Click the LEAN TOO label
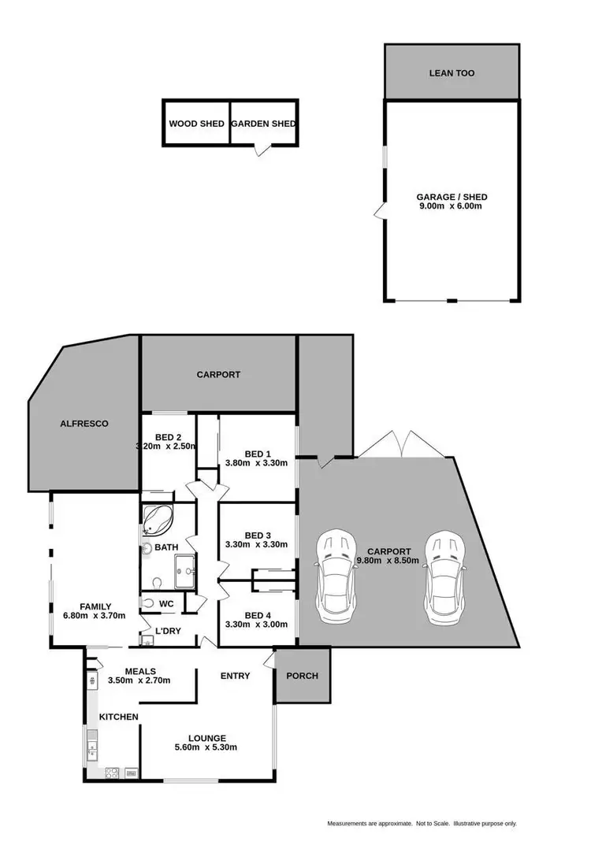[x=452, y=73]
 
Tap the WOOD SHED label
[x=196, y=124]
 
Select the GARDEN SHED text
[x=263, y=124]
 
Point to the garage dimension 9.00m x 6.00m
[x=452, y=206]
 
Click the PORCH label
[x=302, y=676]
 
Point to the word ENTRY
[x=235, y=676]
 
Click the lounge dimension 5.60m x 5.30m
[x=207, y=747]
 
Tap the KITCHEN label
[x=118, y=717]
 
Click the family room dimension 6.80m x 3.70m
[x=93, y=617]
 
